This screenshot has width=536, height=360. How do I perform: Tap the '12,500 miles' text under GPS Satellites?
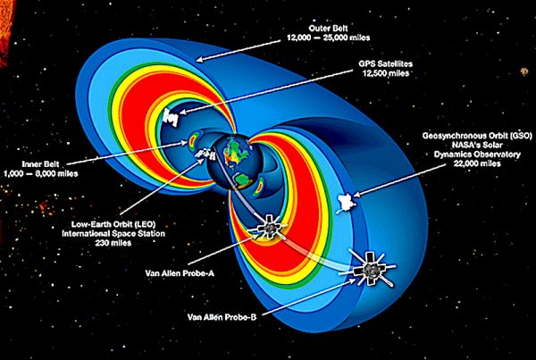coord(385,73)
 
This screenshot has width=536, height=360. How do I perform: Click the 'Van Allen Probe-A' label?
coord(180,273)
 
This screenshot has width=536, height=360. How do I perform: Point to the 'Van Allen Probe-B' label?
coord(222,317)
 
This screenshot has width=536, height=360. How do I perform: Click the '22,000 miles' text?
coord(477,163)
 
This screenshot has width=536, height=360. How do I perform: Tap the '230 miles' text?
coord(113,243)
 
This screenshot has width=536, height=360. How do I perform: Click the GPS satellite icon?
coord(171,117)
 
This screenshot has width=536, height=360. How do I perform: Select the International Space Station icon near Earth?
coord(205,154)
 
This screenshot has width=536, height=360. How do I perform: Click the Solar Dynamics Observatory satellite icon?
coord(346,203)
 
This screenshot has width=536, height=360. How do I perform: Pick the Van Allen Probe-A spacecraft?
coord(269,228)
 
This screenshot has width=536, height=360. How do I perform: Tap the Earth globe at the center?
coord(233,165)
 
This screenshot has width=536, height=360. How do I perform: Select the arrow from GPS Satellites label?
coord(265,92)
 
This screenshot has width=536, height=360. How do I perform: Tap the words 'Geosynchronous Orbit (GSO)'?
coord(477,136)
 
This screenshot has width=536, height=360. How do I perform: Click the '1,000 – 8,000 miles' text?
coord(41,173)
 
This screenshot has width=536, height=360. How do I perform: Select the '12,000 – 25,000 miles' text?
coord(328,38)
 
